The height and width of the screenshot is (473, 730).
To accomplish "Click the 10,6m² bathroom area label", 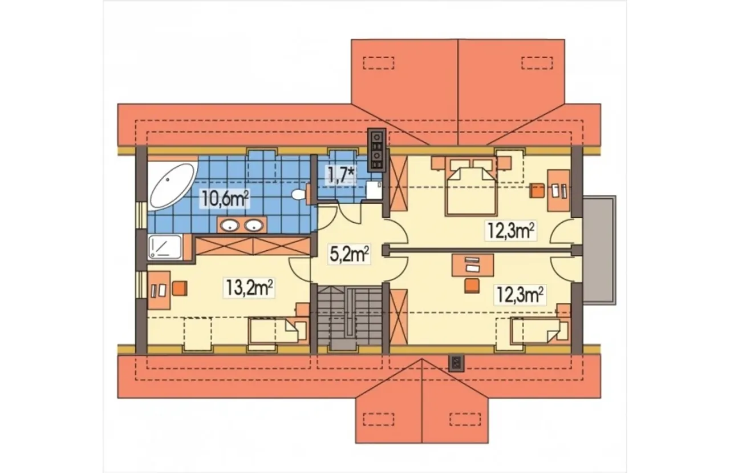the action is coord(225,199).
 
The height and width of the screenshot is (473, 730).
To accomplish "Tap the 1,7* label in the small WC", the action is coord(340,177).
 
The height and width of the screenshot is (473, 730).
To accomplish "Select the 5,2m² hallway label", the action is coord(349,254).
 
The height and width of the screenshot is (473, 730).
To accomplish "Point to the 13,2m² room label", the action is coord(249,288).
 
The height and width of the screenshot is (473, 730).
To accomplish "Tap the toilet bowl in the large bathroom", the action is coord(301,194).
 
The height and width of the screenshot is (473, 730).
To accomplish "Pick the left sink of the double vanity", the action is coord(230,225).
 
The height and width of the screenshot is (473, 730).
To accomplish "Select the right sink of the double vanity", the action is coord(254,225).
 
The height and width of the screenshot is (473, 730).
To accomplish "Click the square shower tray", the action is coord(165,247).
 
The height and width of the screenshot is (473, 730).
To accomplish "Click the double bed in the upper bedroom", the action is coord(471,191).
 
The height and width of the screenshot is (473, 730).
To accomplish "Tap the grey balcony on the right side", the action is coord(599,250).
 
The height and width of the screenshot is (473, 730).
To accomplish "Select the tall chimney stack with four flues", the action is coord(377,150).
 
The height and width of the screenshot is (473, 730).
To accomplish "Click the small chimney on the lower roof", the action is coord(456,363).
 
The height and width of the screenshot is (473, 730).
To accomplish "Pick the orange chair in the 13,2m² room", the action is coord(180,288).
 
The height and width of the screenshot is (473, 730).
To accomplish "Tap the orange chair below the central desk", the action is coord(472,286).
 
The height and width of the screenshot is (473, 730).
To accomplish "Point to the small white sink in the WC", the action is coord(374,190).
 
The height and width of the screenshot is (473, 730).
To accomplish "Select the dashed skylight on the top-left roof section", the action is coord(379,63).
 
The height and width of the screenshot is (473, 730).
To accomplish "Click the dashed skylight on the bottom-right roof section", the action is coord(465,419).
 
